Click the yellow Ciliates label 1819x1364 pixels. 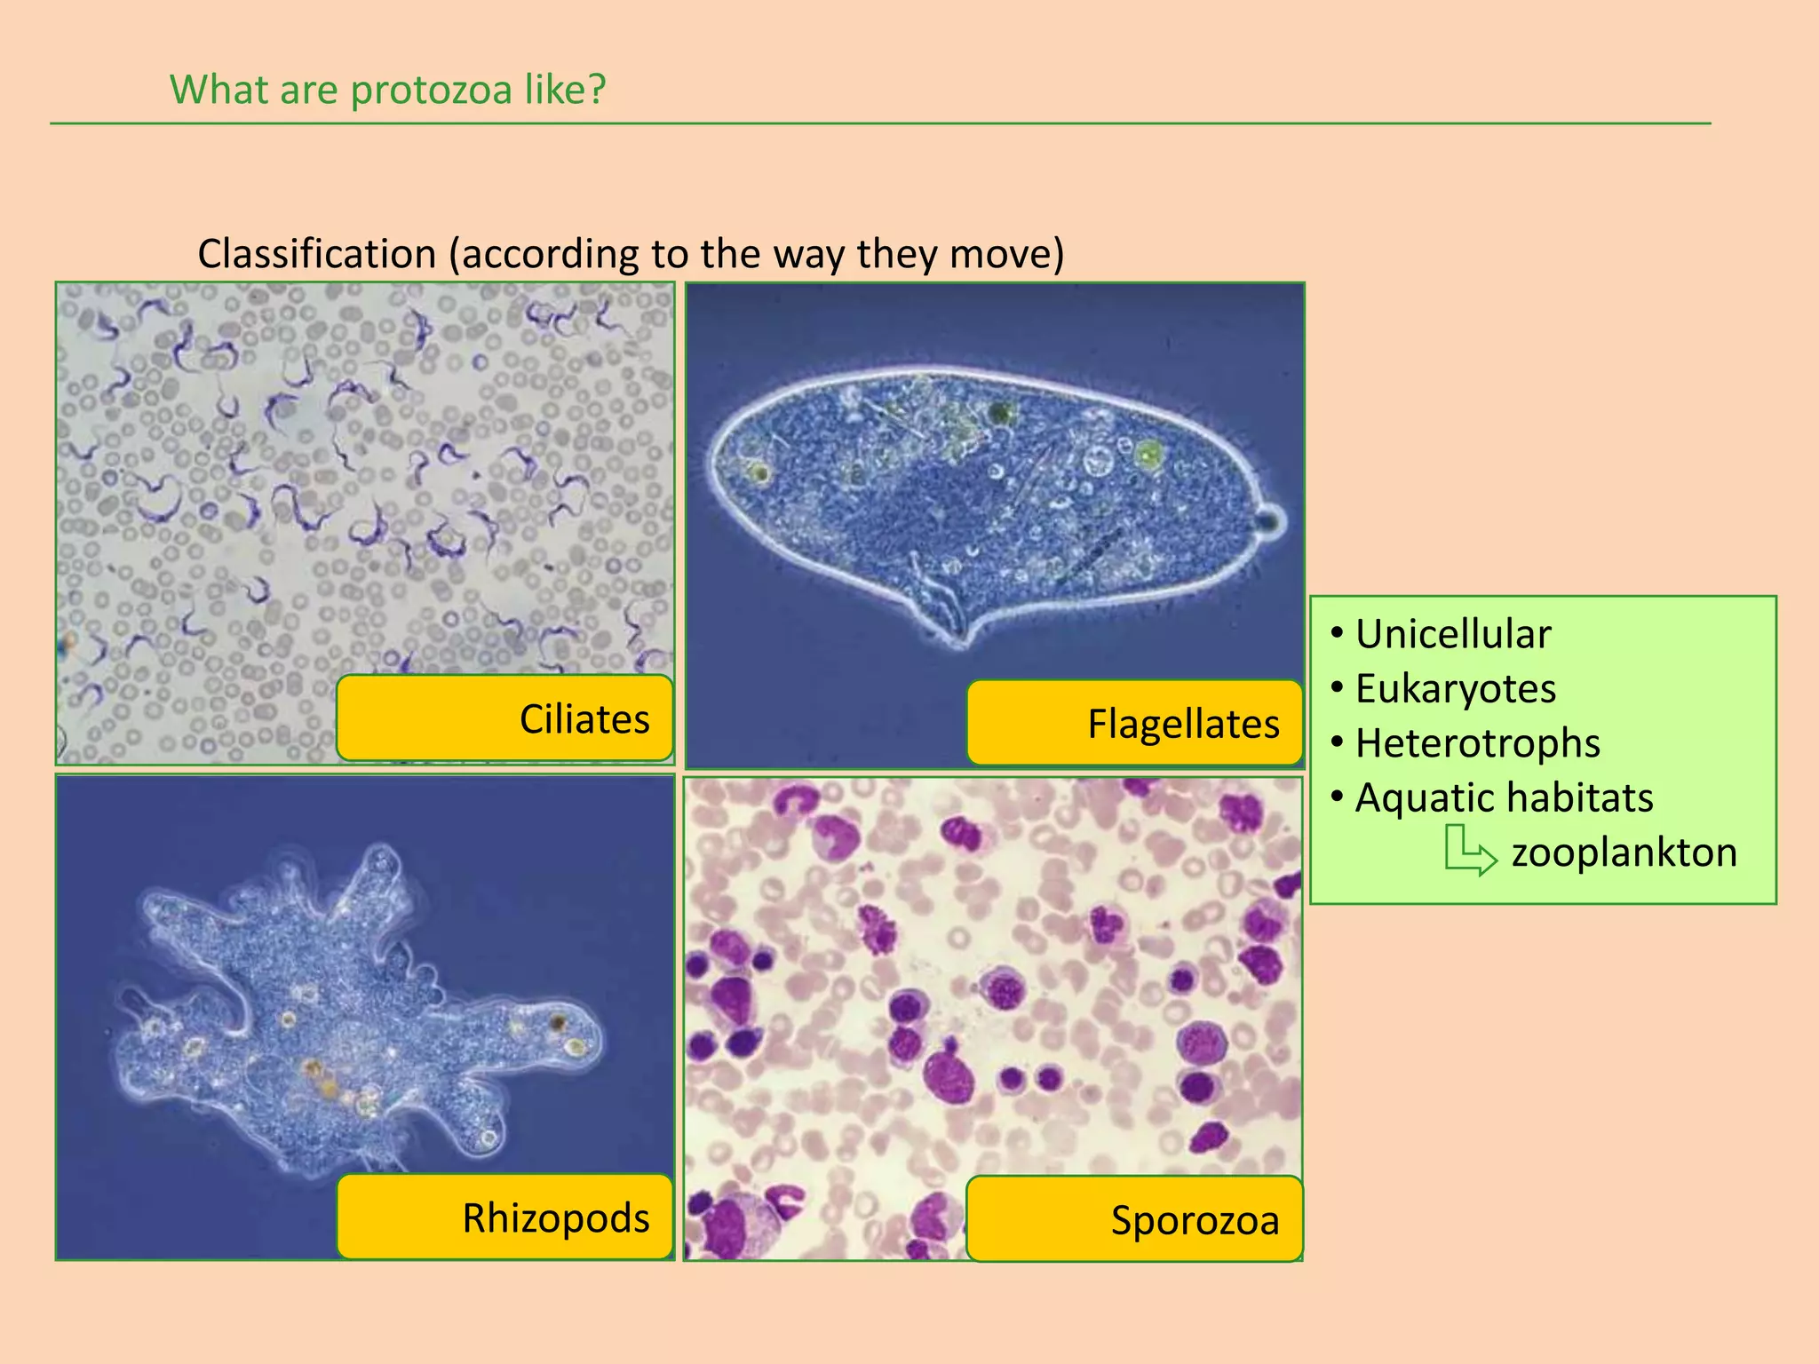coord(504,718)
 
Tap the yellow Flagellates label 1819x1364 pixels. coord(1134,723)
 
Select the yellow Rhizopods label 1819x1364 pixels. coord(504,1217)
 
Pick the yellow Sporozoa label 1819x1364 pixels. coord(1134,1219)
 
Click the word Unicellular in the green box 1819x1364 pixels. coord(1453,634)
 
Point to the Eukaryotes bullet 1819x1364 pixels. coord(1455,689)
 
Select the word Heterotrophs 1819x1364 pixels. coord(1477,743)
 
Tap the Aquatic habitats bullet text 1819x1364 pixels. coord(1504,797)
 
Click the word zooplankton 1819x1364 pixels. coord(1624,852)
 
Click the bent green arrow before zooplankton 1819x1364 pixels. coord(1468,851)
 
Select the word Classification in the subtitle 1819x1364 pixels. coord(316,254)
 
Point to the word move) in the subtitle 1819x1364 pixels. coord(1006,254)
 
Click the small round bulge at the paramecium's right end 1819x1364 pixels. coord(1272,519)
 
